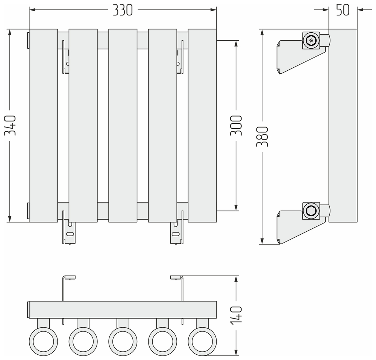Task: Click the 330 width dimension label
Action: (x=123, y=11)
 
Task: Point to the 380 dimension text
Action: (x=263, y=136)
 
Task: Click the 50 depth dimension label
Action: (x=343, y=11)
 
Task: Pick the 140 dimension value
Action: (x=236, y=316)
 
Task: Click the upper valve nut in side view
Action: (x=311, y=40)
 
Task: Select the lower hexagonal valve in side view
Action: (x=311, y=211)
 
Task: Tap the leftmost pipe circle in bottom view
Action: (x=43, y=341)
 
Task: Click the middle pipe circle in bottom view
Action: (x=123, y=341)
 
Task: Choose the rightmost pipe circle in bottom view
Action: (x=202, y=341)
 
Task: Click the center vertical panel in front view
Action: (x=123, y=126)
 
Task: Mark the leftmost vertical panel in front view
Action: (x=43, y=126)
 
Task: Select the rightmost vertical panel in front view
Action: (x=202, y=126)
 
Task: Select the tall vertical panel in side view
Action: (x=343, y=126)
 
